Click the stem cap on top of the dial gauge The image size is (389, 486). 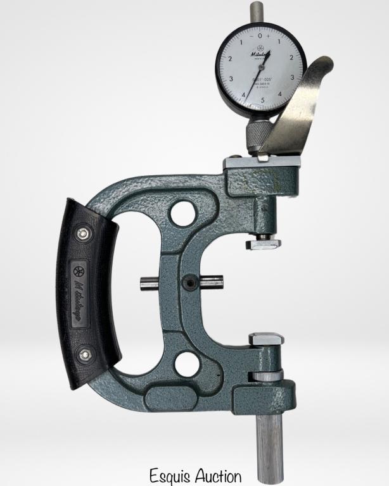pyautogui.click(x=257, y=11)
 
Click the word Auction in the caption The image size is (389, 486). pyautogui.click(x=218, y=475)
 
